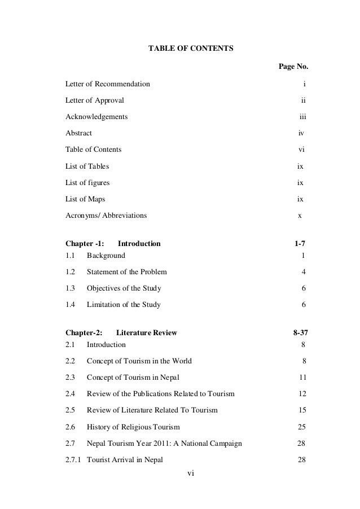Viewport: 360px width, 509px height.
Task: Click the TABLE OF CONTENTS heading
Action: [x=190, y=49]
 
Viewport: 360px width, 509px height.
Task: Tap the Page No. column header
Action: [x=293, y=68]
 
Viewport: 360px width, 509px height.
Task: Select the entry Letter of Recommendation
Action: [x=108, y=85]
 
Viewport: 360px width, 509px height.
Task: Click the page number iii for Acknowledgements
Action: [x=302, y=117]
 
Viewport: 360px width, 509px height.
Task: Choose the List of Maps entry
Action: [x=85, y=199]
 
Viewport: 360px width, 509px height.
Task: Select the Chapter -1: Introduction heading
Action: [x=113, y=244]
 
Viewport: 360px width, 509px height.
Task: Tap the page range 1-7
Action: [x=300, y=244]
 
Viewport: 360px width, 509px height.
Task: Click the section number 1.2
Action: [x=71, y=272]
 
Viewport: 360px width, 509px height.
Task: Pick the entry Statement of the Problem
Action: [x=126, y=272]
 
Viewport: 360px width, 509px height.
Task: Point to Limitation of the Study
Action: [x=124, y=305]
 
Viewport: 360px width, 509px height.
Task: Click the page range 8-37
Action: [x=297, y=333]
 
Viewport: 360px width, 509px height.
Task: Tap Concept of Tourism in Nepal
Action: [x=133, y=377]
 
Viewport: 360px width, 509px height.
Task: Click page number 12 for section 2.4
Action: [x=302, y=393]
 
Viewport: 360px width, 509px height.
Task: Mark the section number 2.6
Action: [x=71, y=427]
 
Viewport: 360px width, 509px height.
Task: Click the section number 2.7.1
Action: [x=74, y=459]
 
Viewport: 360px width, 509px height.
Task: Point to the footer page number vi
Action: [x=190, y=489]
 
